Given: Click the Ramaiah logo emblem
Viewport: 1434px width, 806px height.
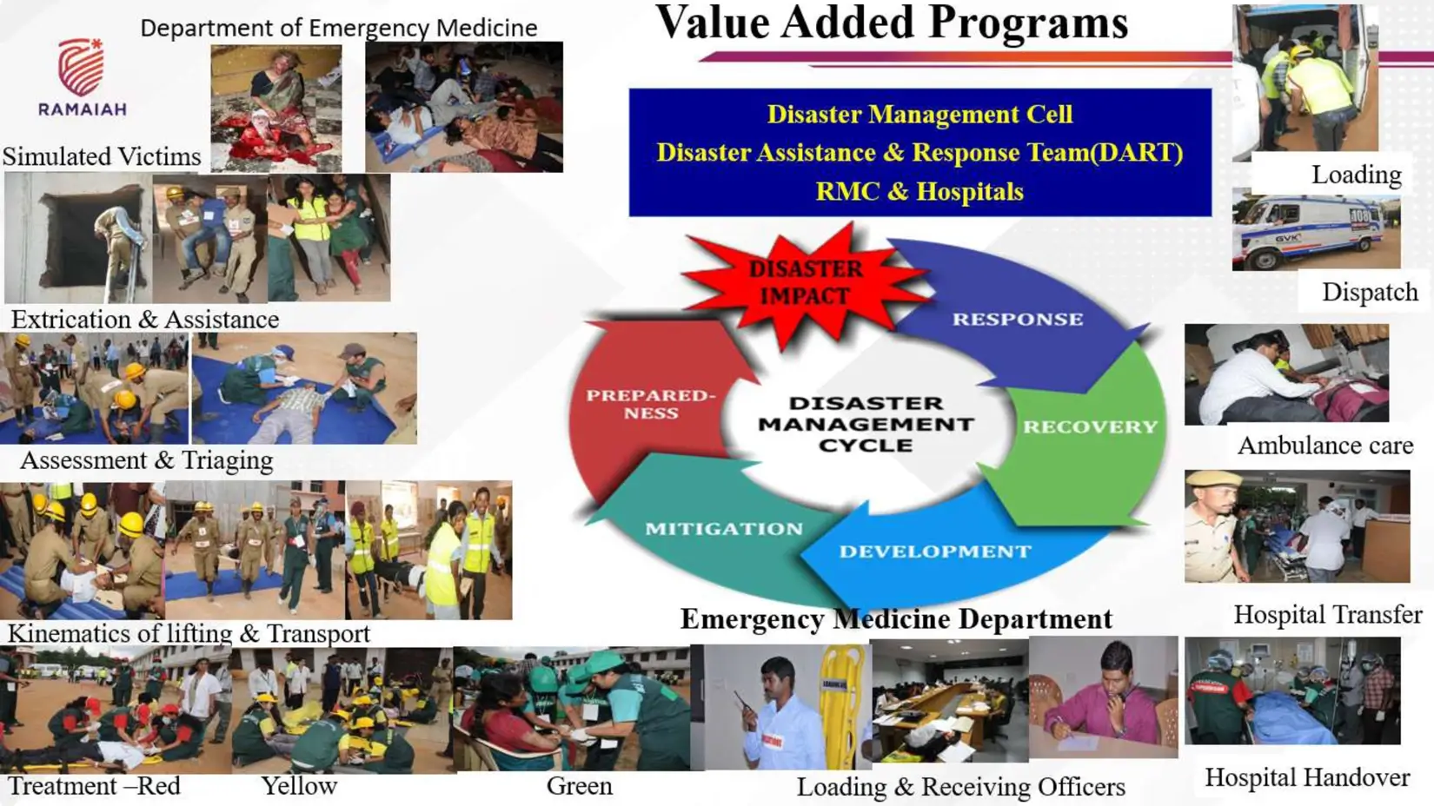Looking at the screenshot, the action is [81, 66].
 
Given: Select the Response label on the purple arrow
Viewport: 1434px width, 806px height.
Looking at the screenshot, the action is [1018, 320].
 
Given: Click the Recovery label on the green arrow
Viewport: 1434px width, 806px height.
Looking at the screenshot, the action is [1090, 426].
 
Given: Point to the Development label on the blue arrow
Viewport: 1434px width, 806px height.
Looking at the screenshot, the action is [935, 552].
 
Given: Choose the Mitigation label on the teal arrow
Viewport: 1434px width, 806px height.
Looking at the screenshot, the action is [724, 529].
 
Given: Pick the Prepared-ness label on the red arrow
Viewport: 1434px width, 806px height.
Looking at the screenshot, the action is [651, 404].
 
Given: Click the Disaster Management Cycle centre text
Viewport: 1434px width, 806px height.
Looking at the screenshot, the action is [866, 424].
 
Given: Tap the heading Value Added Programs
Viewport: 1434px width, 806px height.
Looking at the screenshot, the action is [892, 23].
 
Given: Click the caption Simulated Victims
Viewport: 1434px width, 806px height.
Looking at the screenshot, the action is [102, 156].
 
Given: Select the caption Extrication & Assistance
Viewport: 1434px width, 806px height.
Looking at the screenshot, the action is [145, 320].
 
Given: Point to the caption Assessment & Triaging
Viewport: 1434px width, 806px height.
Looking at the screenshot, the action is [147, 460].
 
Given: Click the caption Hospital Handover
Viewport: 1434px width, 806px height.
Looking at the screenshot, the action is [1307, 778].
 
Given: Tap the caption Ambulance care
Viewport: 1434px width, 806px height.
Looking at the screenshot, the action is [1325, 446].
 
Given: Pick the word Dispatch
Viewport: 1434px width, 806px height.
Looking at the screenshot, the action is [1370, 293].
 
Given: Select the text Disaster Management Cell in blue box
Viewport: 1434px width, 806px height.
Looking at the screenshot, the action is [920, 115].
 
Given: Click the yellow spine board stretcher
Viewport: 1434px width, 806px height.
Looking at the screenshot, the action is [842, 704].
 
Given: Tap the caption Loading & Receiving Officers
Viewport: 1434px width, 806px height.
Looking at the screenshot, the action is [960, 787].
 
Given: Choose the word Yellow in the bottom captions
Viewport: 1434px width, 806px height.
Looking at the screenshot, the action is [299, 786].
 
